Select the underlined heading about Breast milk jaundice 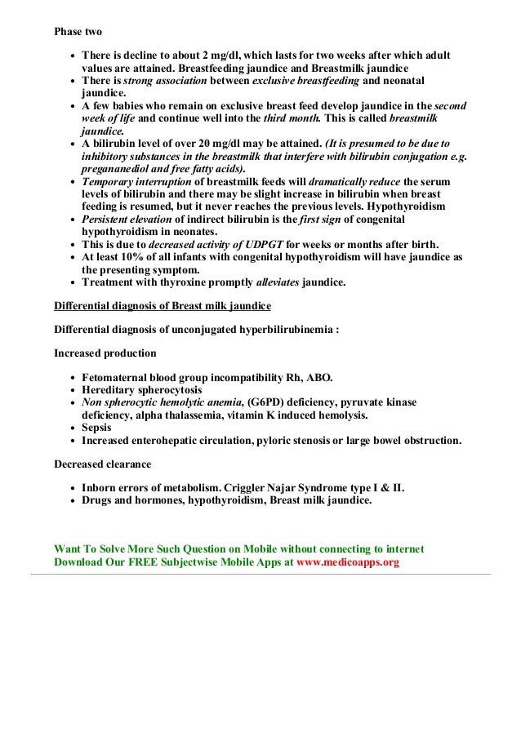tap(162, 306)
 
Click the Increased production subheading tap(105, 353)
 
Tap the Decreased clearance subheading tap(102, 464)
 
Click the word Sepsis tap(97, 428)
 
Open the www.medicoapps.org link tap(348, 562)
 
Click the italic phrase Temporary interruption tap(138, 180)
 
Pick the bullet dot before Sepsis tap(73, 428)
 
